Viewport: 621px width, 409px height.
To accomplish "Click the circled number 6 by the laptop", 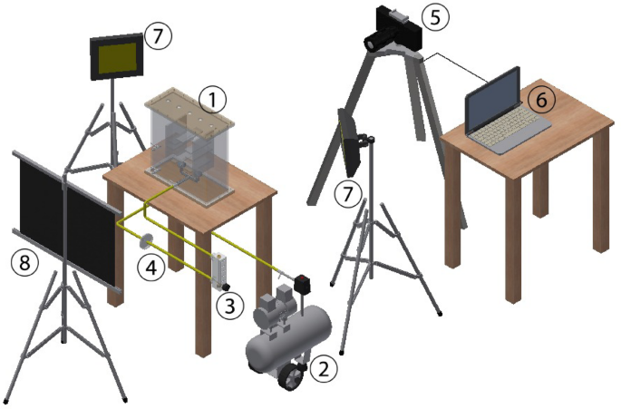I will point(539,101).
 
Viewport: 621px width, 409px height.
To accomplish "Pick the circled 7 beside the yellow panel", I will point(158,35).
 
